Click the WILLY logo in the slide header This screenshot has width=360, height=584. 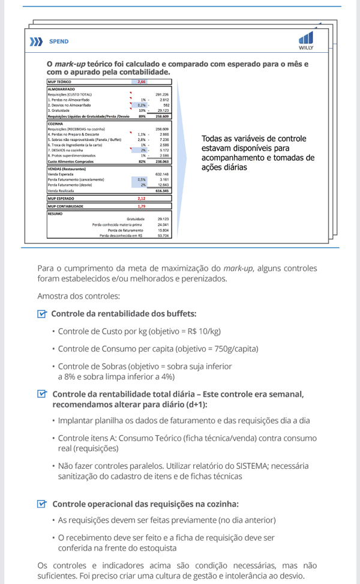(305, 40)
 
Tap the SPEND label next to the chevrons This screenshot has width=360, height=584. (59, 42)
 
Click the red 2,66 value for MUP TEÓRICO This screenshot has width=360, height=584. (142, 81)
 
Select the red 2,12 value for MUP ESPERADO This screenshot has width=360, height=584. (142, 198)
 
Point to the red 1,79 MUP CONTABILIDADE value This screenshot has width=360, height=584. (142, 206)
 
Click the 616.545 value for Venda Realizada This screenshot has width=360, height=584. (162, 191)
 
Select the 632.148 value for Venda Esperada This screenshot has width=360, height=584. (162, 174)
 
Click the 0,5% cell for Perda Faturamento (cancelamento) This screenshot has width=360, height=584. (142, 179)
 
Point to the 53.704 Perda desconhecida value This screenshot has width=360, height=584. (163, 236)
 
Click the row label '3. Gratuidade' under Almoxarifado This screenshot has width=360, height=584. (61, 110)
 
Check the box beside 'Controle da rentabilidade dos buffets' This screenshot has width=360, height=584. (41, 314)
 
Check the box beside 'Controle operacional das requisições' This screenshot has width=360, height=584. (41, 504)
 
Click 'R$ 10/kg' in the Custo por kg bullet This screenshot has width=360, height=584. (200, 331)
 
